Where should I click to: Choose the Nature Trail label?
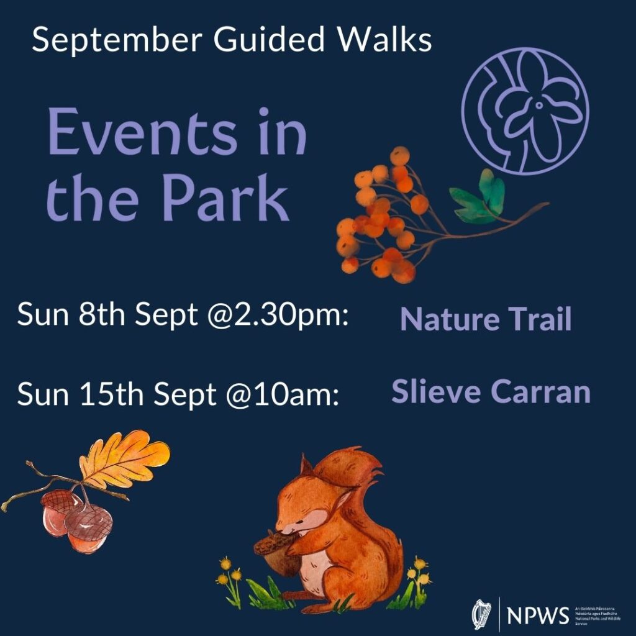[x=486, y=319]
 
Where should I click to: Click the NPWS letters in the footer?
[x=537, y=616]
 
